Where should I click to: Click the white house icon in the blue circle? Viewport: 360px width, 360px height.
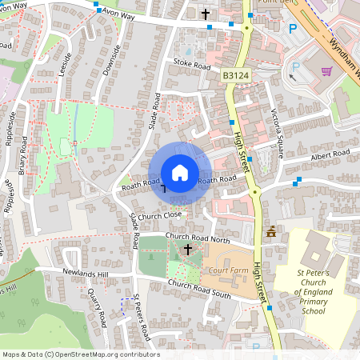180,173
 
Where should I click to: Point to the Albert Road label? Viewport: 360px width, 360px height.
332,153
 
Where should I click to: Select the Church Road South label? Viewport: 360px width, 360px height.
199,291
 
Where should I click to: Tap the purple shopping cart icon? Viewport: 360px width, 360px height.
326,70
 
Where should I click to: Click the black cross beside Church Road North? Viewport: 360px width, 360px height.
188,250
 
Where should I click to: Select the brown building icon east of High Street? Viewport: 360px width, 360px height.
272,232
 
